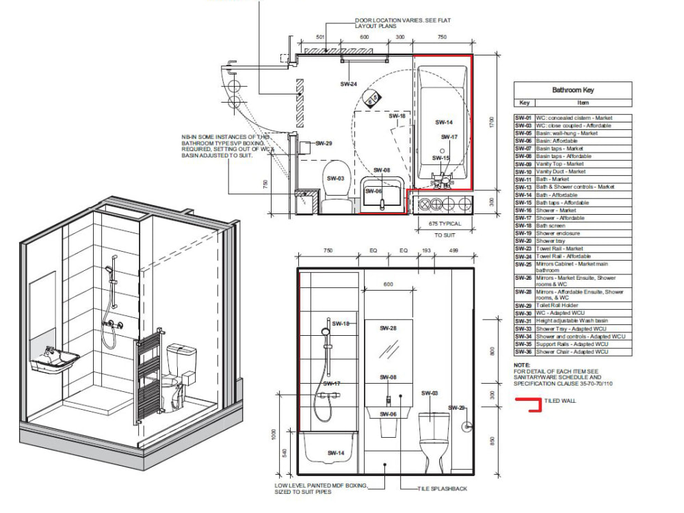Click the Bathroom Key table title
click(x=573, y=90)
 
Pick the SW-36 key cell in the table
click(x=523, y=352)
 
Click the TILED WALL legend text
click(x=561, y=401)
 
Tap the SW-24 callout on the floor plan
click(x=348, y=84)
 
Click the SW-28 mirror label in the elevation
click(x=389, y=328)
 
